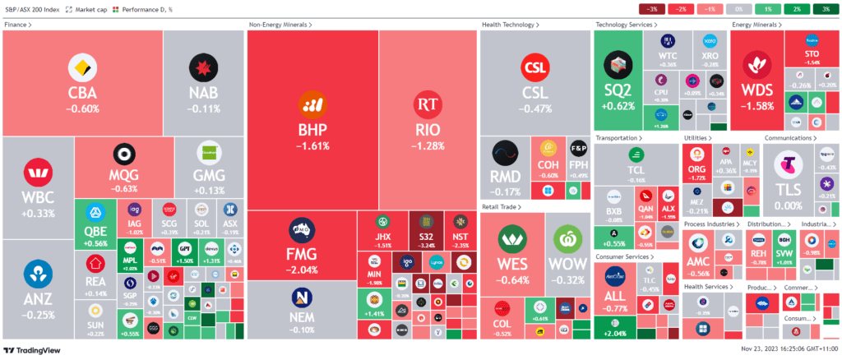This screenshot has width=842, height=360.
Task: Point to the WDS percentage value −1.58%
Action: click(x=757, y=105)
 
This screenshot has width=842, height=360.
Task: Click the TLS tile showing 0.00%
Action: click(x=788, y=173)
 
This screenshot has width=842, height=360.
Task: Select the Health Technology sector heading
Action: click(x=510, y=25)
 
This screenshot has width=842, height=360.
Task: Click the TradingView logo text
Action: click(x=35, y=351)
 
